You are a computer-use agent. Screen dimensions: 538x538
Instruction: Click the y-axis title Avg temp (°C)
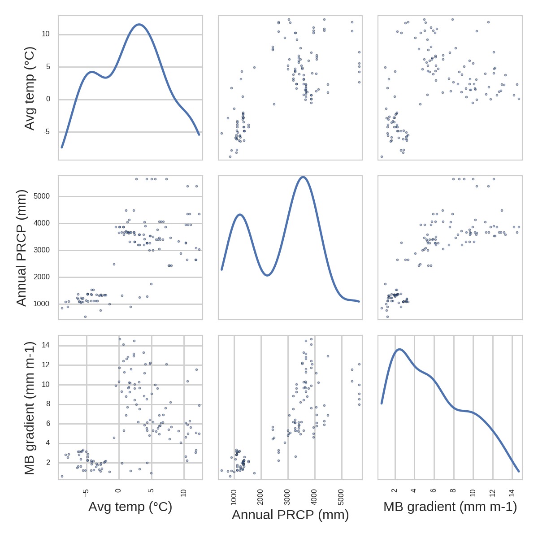pyautogui.click(x=29, y=88)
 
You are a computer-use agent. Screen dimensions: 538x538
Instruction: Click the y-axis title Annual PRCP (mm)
pyautogui.click(x=22, y=248)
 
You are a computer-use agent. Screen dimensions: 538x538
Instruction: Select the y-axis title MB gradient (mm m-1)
pyautogui.click(x=29, y=408)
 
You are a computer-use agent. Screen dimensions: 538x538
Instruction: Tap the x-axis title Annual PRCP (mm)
pyautogui.click(x=290, y=515)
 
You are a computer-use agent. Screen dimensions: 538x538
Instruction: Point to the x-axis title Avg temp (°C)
pyautogui.click(x=130, y=507)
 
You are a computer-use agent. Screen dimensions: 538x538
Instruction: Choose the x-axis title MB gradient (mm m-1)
pyautogui.click(x=450, y=507)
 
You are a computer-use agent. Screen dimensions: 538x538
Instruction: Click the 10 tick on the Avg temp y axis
pyautogui.click(x=46, y=35)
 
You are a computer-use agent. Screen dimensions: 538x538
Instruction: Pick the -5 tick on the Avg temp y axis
pyautogui.click(x=47, y=132)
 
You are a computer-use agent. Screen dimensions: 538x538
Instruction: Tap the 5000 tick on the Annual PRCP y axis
pyautogui.click(x=41, y=196)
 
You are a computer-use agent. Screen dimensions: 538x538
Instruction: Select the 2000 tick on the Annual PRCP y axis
pyautogui.click(x=41, y=277)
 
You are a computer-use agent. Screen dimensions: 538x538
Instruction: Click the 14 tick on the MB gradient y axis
pyautogui.click(x=46, y=345)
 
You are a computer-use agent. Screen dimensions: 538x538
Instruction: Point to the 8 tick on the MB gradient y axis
pyautogui.click(x=47, y=404)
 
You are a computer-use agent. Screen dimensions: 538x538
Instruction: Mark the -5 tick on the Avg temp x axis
pyautogui.click(x=86, y=493)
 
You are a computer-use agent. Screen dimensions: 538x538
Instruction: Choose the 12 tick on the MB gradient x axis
pyautogui.click(x=493, y=493)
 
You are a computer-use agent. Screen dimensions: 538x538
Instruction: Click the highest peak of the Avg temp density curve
pyautogui.click(x=139, y=24)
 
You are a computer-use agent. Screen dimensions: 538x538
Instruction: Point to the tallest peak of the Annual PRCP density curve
pyautogui.click(x=303, y=177)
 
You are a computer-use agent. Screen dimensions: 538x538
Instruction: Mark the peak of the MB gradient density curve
pyautogui.click(x=399, y=349)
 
